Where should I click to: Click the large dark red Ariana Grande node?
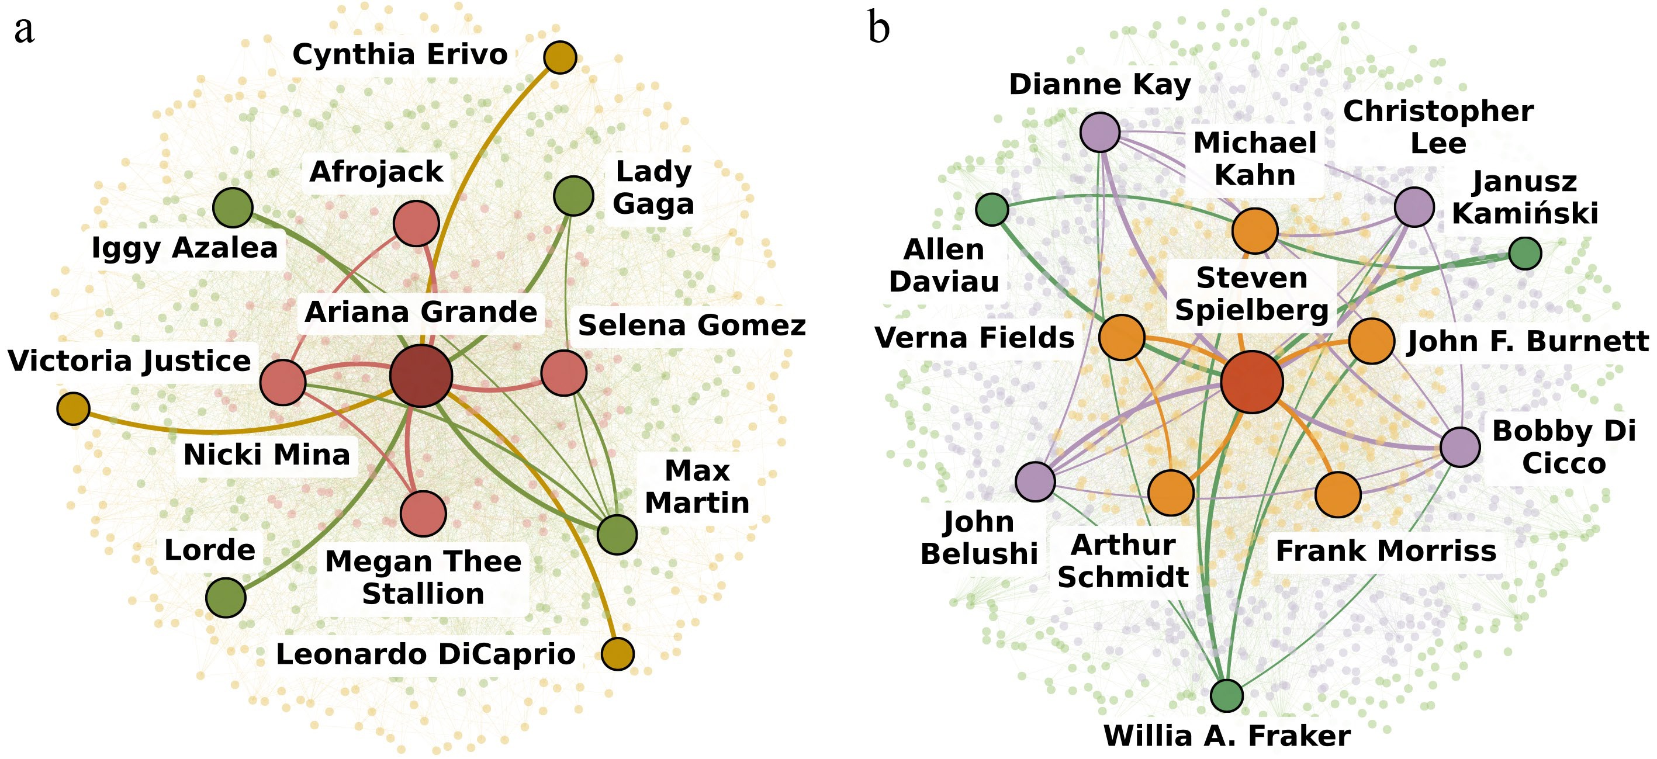[421, 376]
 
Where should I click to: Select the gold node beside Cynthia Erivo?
[559, 57]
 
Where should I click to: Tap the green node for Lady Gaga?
[573, 196]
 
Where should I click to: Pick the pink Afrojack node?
[416, 223]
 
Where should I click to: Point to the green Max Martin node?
[617, 535]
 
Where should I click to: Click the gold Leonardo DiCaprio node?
[618, 653]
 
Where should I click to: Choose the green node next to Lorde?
[226, 597]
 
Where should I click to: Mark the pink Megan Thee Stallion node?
[423, 513]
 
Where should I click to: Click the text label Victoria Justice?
[129, 362]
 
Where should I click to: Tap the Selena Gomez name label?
[692, 325]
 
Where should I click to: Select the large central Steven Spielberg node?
[1252, 382]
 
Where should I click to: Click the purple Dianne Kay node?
[1100, 132]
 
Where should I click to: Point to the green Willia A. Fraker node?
[1227, 695]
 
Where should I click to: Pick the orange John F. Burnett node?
[1371, 341]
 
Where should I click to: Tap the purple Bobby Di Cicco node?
[1460, 447]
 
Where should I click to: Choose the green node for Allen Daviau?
[992, 209]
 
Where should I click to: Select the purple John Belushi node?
[1035, 481]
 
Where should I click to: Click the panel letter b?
[878, 27]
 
